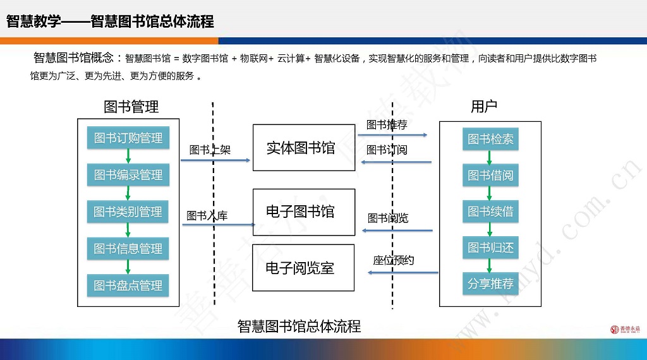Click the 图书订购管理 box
pyautogui.click(x=128, y=138)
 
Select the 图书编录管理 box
pyautogui.click(x=128, y=175)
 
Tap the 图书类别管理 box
pyautogui.click(x=128, y=212)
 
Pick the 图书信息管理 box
pyautogui.click(x=128, y=249)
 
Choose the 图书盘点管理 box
pyautogui.click(x=128, y=285)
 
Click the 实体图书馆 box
pyautogui.click(x=304, y=148)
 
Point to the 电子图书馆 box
pyautogui.click(x=304, y=212)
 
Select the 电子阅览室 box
pyautogui.click(x=304, y=268)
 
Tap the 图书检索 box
pyautogui.click(x=490, y=139)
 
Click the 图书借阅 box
pyautogui.click(x=490, y=175)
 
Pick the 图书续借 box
pyautogui.click(x=490, y=212)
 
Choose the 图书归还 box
pyautogui.click(x=490, y=248)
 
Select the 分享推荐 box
pyautogui.click(x=490, y=284)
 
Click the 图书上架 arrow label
pyautogui.click(x=210, y=150)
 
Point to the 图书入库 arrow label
pyautogui.click(x=207, y=215)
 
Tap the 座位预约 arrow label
pyautogui.click(x=394, y=260)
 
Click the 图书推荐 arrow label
pyautogui.click(x=387, y=125)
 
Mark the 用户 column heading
pyautogui.click(x=484, y=107)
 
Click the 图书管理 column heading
pyautogui.click(x=131, y=107)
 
